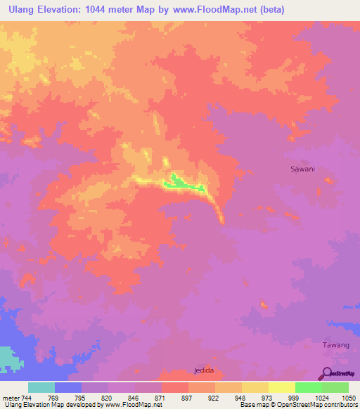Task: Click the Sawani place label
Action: click(x=303, y=169)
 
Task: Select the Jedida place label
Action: click(x=203, y=370)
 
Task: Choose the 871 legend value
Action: click(x=160, y=398)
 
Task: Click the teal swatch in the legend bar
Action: click(x=41, y=387)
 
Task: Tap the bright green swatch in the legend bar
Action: click(x=308, y=387)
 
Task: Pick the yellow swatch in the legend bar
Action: click(x=281, y=387)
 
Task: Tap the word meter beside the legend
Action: click(x=11, y=398)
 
